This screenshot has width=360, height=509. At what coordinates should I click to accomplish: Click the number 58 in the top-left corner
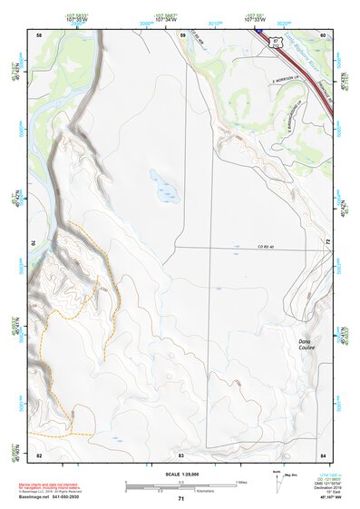[39, 34]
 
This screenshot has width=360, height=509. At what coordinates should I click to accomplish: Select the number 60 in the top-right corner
[324, 34]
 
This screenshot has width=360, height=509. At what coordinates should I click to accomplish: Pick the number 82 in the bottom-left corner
[39, 454]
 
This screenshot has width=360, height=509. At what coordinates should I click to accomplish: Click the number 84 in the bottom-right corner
[324, 454]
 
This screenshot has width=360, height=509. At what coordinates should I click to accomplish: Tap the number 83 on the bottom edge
[181, 454]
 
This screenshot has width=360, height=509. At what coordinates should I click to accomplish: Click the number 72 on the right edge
[324, 243]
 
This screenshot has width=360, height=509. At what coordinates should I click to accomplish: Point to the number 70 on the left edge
[39, 243]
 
